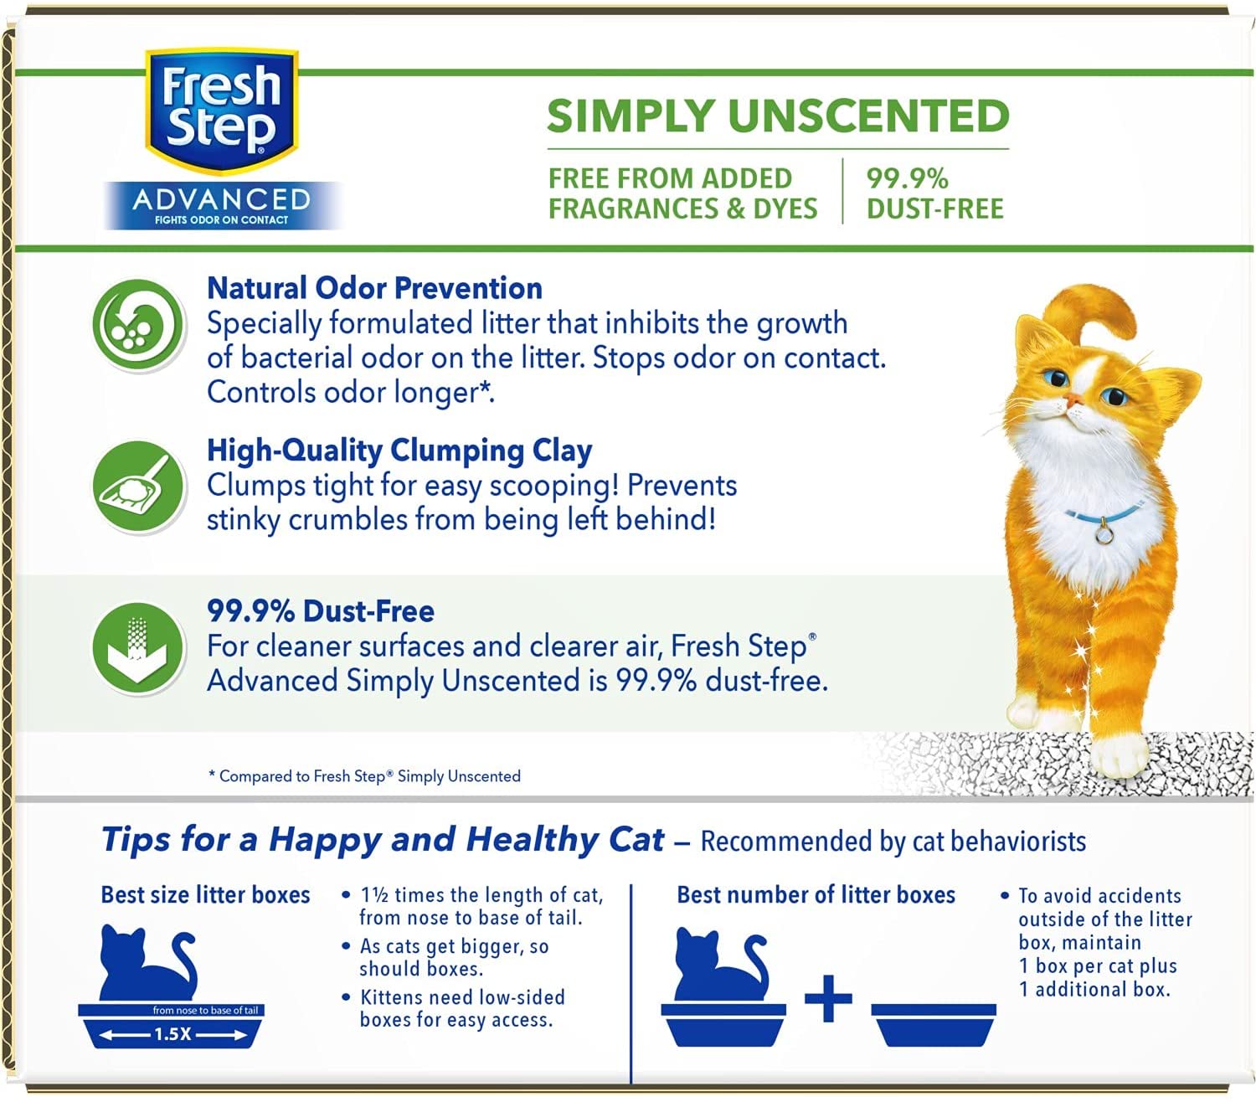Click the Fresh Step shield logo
pyautogui.click(x=221, y=111)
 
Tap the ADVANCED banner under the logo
pyautogui.click(x=221, y=205)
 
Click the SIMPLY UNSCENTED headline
pyautogui.click(x=778, y=116)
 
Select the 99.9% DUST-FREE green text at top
pyautogui.click(x=934, y=193)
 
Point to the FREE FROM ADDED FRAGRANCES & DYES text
pyautogui.click(x=682, y=193)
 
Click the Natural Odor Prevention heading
pyautogui.click(x=374, y=288)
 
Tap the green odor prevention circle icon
pyautogui.click(x=138, y=324)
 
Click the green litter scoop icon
pyautogui.click(x=138, y=487)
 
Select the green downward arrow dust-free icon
pyautogui.click(x=138, y=648)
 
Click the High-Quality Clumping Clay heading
pyautogui.click(x=399, y=451)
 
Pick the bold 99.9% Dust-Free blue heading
pyautogui.click(x=321, y=611)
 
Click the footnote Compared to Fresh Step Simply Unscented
pyautogui.click(x=364, y=775)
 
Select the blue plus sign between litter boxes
pyautogui.click(x=828, y=998)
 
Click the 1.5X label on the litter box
pyautogui.click(x=172, y=1034)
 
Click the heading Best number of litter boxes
pyautogui.click(x=816, y=895)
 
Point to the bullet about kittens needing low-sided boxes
pyautogui.click(x=454, y=1008)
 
